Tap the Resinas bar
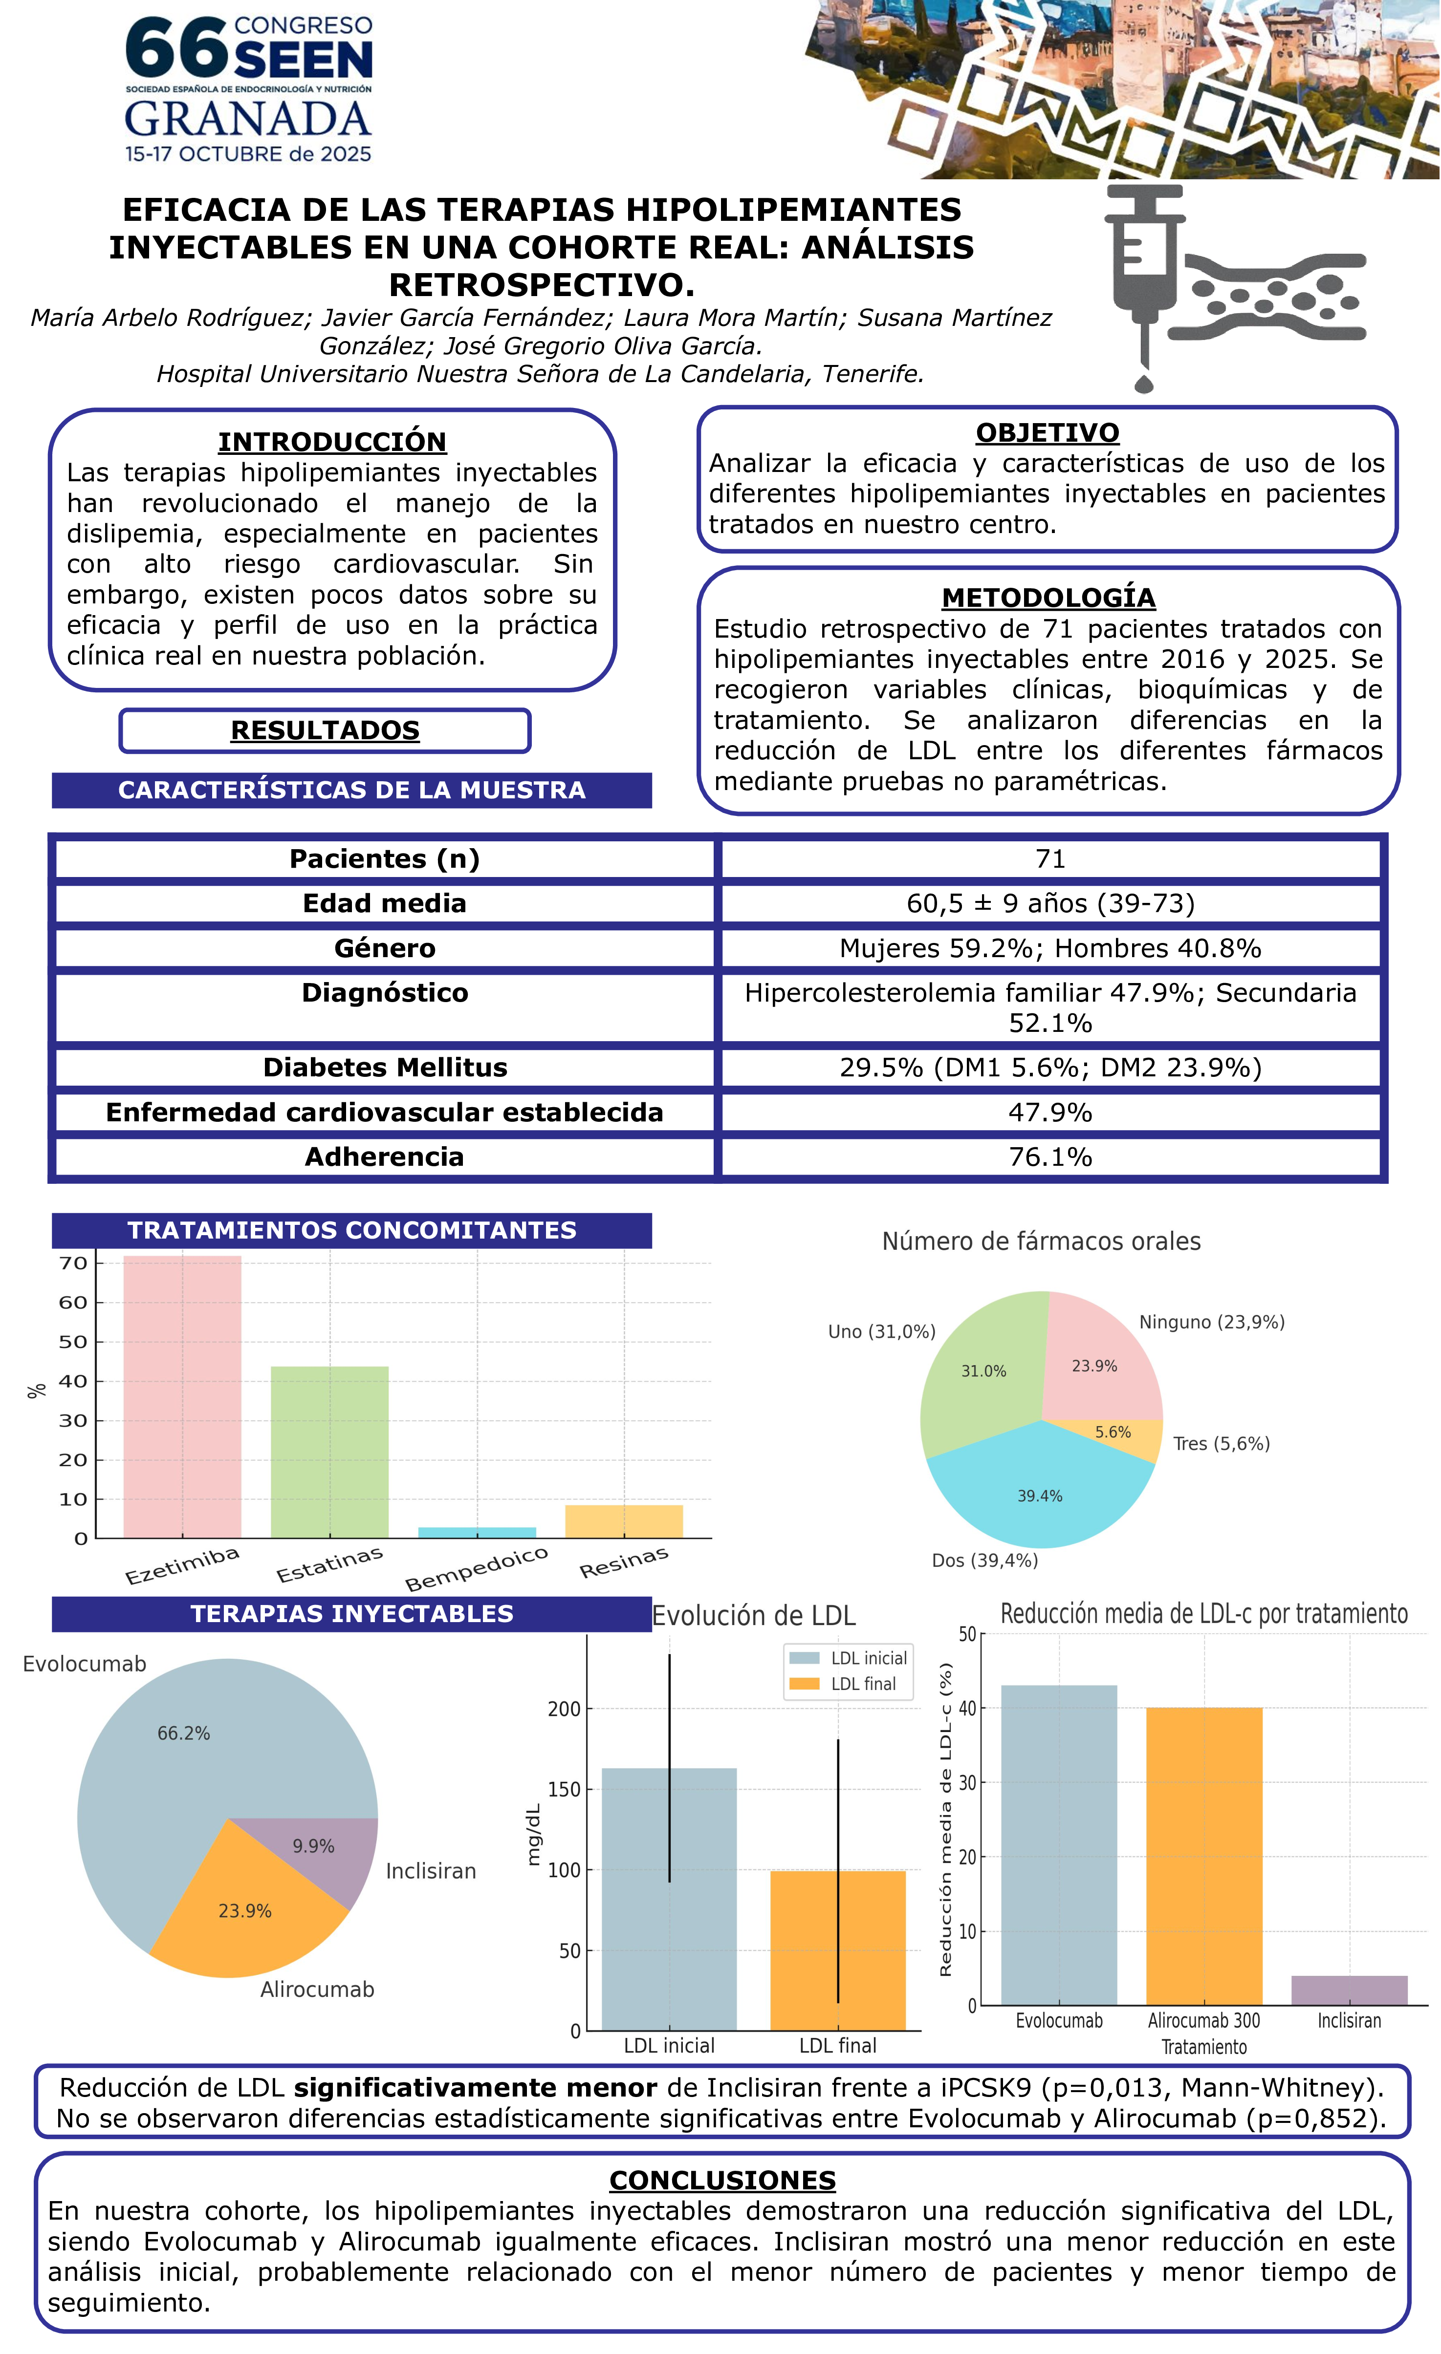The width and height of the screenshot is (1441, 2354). (624, 1521)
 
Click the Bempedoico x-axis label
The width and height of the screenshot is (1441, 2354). (476, 1569)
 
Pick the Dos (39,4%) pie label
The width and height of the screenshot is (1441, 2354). (984, 1560)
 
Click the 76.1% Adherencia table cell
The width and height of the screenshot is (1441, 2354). (1050, 1157)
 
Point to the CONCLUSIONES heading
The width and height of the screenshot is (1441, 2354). (722, 2180)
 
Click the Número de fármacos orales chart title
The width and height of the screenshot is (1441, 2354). (1041, 1241)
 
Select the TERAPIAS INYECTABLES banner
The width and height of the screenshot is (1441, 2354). (351, 1614)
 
